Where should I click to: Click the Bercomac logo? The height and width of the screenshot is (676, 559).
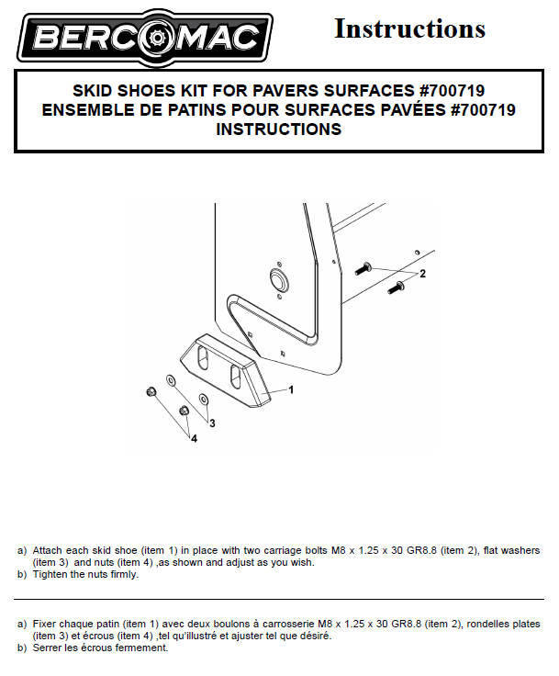pyautogui.click(x=145, y=38)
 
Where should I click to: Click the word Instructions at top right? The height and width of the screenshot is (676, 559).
pyautogui.click(x=410, y=28)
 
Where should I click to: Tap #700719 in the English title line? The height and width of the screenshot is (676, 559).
pyautogui.click(x=452, y=91)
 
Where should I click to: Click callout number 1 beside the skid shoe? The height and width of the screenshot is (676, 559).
pyautogui.click(x=291, y=389)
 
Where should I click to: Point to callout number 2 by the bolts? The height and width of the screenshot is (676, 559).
pyautogui.click(x=422, y=274)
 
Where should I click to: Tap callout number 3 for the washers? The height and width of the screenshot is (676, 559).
pyautogui.click(x=212, y=423)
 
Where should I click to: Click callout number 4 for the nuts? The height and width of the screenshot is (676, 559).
pyautogui.click(x=195, y=438)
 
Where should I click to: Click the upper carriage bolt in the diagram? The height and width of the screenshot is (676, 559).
pyautogui.click(x=363, y=268)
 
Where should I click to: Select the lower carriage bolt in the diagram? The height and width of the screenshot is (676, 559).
pyautogui.click(x=396, y=287)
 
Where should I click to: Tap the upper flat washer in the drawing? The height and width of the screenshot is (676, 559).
pyautogui.click(x=170, y=380)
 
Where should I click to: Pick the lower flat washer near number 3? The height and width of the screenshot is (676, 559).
pyautogui.click(x=203, y=399)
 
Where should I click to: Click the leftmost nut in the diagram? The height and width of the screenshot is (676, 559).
pyautogui.click(x=151, y=392)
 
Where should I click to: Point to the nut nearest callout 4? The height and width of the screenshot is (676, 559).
pyautogui.click(x=184, y=411)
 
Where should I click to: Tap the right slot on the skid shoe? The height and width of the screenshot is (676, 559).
pyautogui.click(x=235, y=377)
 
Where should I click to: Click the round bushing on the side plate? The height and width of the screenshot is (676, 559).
pyautogui.click(x=278, y=278)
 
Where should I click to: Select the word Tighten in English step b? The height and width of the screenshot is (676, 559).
pyautogui.click(x=50, y=575)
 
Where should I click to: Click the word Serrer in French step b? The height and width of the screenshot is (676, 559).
pyautogui.click(x=47, y=648)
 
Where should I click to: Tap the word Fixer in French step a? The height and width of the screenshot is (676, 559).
pyautogui.click(x=44, y=624)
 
